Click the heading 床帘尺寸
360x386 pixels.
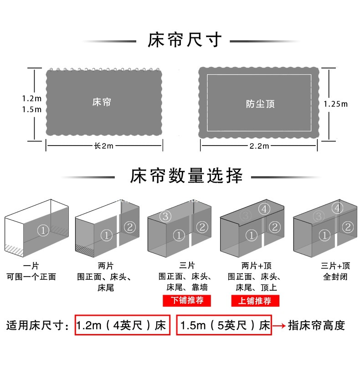coord(185,41)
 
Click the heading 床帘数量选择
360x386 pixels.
coord(186,176)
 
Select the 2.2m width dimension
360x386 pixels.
coord(259,146)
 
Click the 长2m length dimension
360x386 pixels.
coord(103,146)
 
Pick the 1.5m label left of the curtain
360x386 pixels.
coord(31,110)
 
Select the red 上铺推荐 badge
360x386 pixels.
coord(255,301)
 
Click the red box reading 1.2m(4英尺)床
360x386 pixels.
coord(122,325)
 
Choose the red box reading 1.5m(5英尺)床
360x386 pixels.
coord(224,325)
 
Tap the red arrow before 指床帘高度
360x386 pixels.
coord(279,326)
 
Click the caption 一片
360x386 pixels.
coord(31,266)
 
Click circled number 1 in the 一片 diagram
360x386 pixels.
coord(43,230)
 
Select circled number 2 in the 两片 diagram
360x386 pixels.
coord(130,227)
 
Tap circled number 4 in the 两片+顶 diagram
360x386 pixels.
coord(265,209)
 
